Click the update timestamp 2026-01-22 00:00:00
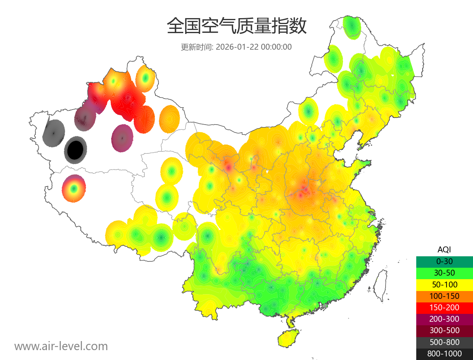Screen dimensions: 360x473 254,47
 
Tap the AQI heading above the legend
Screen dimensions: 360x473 444,249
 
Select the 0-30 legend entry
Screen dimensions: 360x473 444,261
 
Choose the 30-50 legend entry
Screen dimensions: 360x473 444,273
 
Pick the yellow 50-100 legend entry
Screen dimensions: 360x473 444,284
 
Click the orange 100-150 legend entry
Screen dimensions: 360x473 444,296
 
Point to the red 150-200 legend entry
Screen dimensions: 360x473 444,308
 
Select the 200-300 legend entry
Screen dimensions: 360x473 444,319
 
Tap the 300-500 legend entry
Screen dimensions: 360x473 444,331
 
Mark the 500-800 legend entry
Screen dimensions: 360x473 444,342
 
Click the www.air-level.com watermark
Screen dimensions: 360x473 61,346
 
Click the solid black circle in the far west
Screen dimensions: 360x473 75,150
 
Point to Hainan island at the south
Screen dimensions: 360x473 288,338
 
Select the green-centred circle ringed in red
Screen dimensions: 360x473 74,188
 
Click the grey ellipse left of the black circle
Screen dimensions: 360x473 53,133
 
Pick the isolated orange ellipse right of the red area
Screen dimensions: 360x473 169,118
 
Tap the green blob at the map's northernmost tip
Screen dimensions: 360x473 352,27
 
